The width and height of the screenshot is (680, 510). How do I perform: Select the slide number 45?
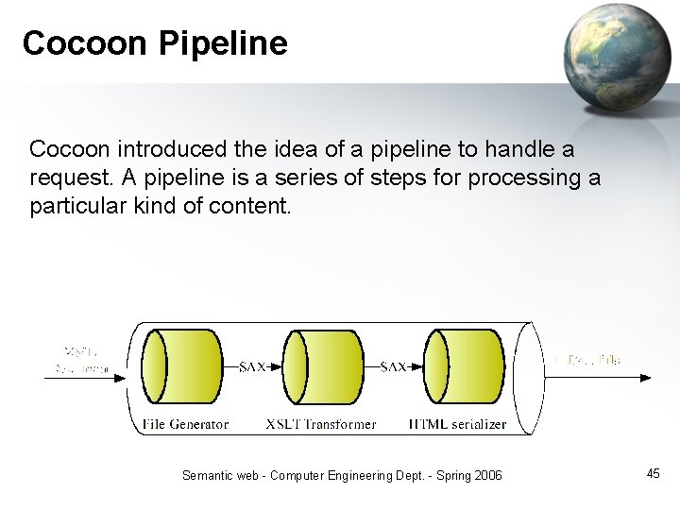(x=654, y=473)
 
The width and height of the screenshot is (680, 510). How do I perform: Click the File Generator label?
(x=185, y=424)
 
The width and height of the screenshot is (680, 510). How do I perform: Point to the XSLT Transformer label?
(x=321, y=424)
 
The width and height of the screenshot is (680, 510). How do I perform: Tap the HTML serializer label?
(x=457, y=424)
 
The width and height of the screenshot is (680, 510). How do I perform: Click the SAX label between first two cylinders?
(x=252, y=366)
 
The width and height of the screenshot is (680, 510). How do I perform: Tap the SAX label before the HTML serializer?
(x=393, y=366)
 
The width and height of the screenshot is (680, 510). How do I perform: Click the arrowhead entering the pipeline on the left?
(x=122, y=378)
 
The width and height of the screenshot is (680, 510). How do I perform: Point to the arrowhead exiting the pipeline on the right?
(x=645, y=378)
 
